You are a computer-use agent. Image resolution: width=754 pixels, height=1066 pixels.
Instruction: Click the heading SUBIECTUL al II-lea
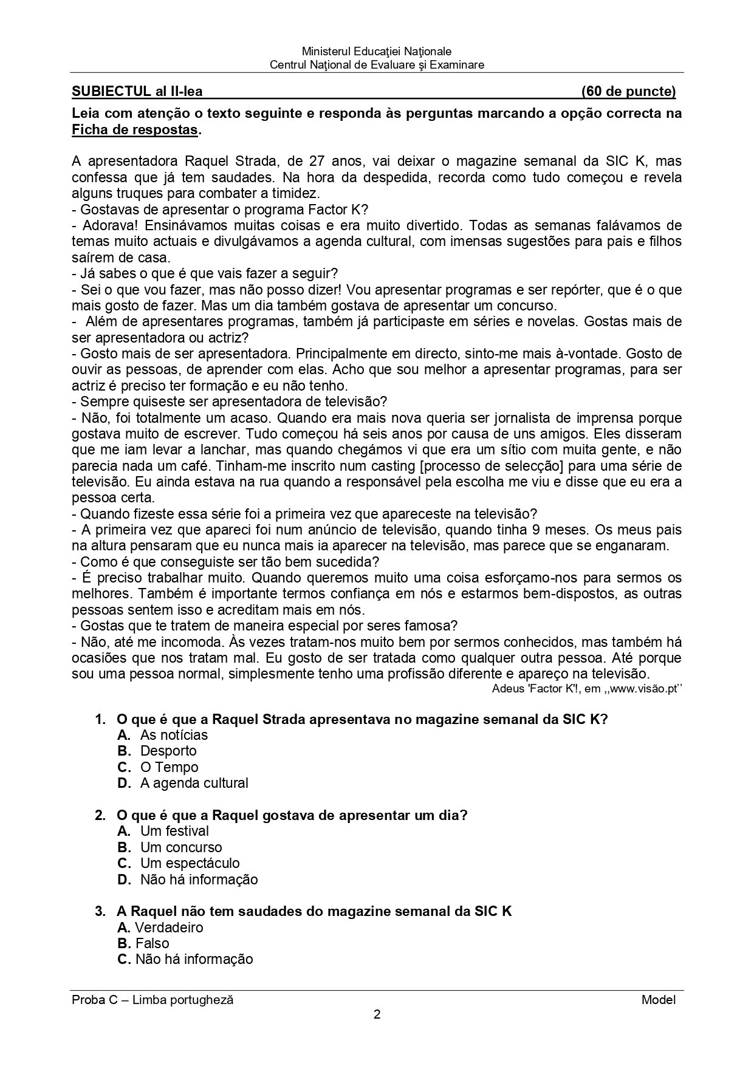pos(137,92)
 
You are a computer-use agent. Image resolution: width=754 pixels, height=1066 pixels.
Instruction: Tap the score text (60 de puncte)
pos(628,92)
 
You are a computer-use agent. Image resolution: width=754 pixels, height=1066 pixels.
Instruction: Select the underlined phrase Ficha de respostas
pos(135,129)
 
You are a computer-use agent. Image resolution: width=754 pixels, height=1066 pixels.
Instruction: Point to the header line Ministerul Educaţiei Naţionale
pos(377,52)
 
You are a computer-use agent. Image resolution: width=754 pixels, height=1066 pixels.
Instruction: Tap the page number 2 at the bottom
pos(377,1014)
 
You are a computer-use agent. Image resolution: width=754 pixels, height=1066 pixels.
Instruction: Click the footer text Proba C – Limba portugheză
pos(153,1000)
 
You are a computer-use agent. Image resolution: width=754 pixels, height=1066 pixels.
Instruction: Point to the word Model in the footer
pos(658,1000)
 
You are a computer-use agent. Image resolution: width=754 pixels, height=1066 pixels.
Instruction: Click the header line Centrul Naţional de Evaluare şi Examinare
pos(377,65)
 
